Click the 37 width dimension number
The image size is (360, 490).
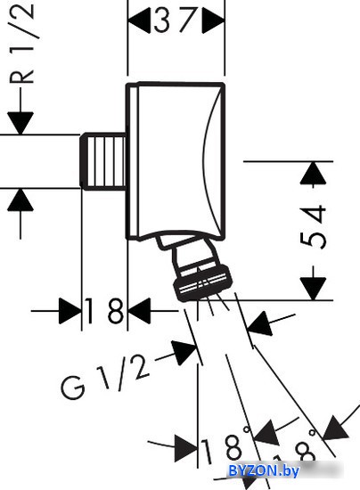(176, 20)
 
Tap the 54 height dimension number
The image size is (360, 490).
(313, 226)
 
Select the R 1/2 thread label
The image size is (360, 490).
(22, 43)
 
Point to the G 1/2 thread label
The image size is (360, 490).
(105, 377)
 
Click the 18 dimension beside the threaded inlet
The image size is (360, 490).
(104, 311)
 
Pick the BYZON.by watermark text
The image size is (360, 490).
(264, 470)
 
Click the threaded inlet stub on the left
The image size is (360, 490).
(104, 161)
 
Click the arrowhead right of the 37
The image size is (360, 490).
(213, 20)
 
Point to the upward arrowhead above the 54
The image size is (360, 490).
(313, 173)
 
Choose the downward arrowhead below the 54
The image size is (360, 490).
(313, 289)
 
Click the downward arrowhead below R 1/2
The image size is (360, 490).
(20, 123)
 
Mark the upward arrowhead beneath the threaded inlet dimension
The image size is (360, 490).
(20, 200)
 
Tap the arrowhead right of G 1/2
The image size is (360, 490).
(185, 352)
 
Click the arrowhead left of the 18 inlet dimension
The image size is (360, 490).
(70, 311)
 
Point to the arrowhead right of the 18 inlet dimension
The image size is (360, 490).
(139, 311)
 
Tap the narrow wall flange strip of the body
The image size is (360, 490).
(132, 161)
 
